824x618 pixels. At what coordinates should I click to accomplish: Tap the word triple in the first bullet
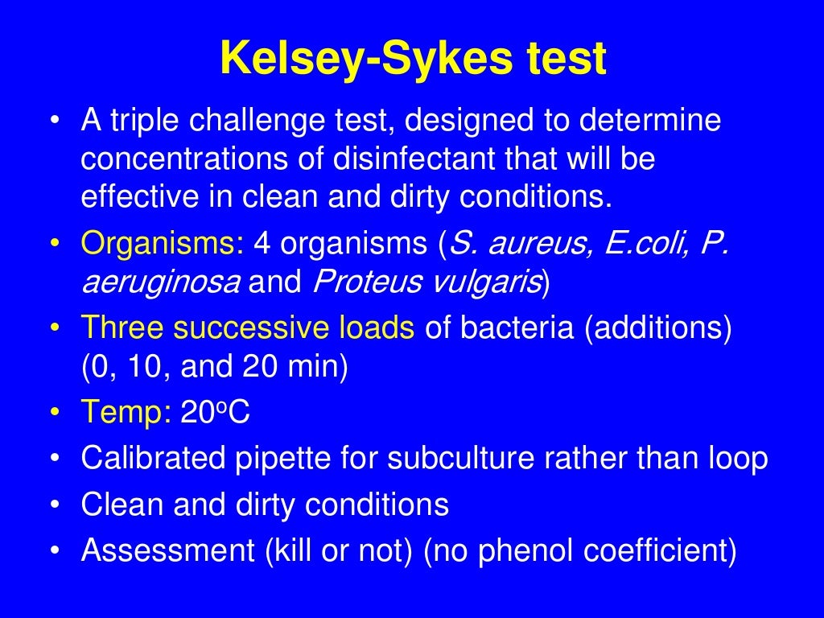click(149, 122)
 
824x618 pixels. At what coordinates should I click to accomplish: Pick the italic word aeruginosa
click(159, 282)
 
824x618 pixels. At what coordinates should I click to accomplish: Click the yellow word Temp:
click(126, 414)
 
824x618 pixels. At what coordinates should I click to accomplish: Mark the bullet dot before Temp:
click(54, 414)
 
